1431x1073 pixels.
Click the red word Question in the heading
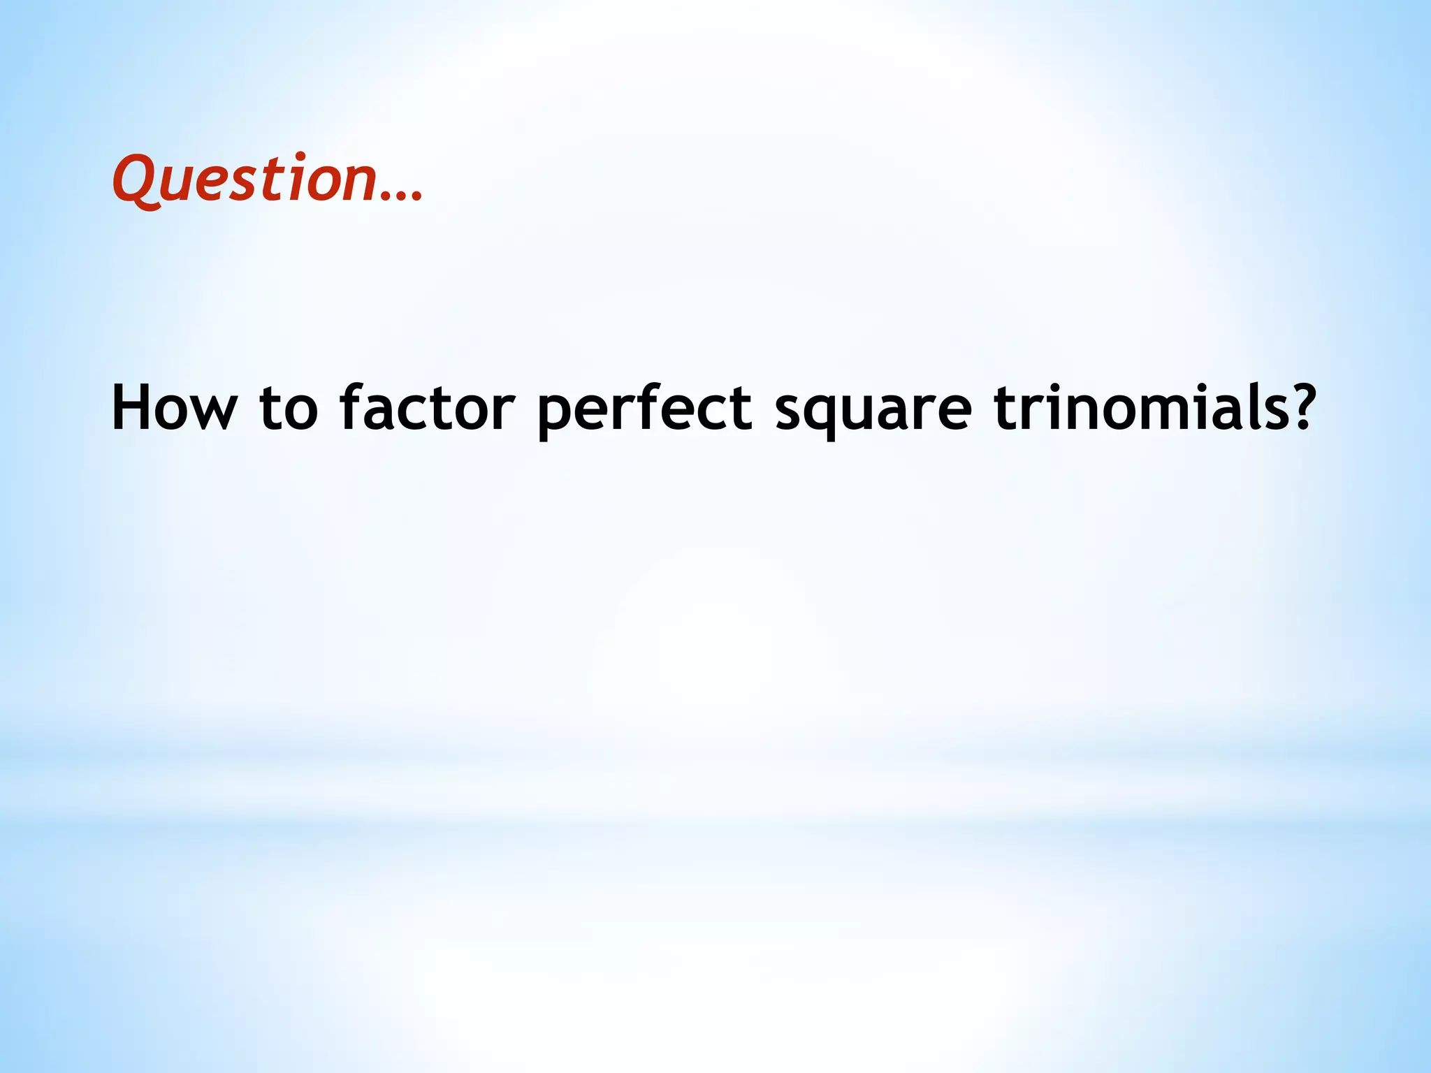pyautogui.click(x=245, y=179)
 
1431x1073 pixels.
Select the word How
pyautogui.click(x=175, y=408)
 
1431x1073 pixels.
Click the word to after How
pyautogui.click(x=289, y=409)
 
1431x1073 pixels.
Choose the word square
pyautogui.click(x=873, y=412)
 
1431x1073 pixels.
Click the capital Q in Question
pyautogui.click(x=136, y=179)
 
